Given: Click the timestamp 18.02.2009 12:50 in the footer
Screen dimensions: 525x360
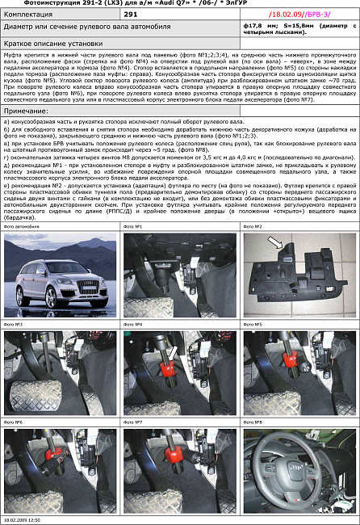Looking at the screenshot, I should click(x=23, y=520).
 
